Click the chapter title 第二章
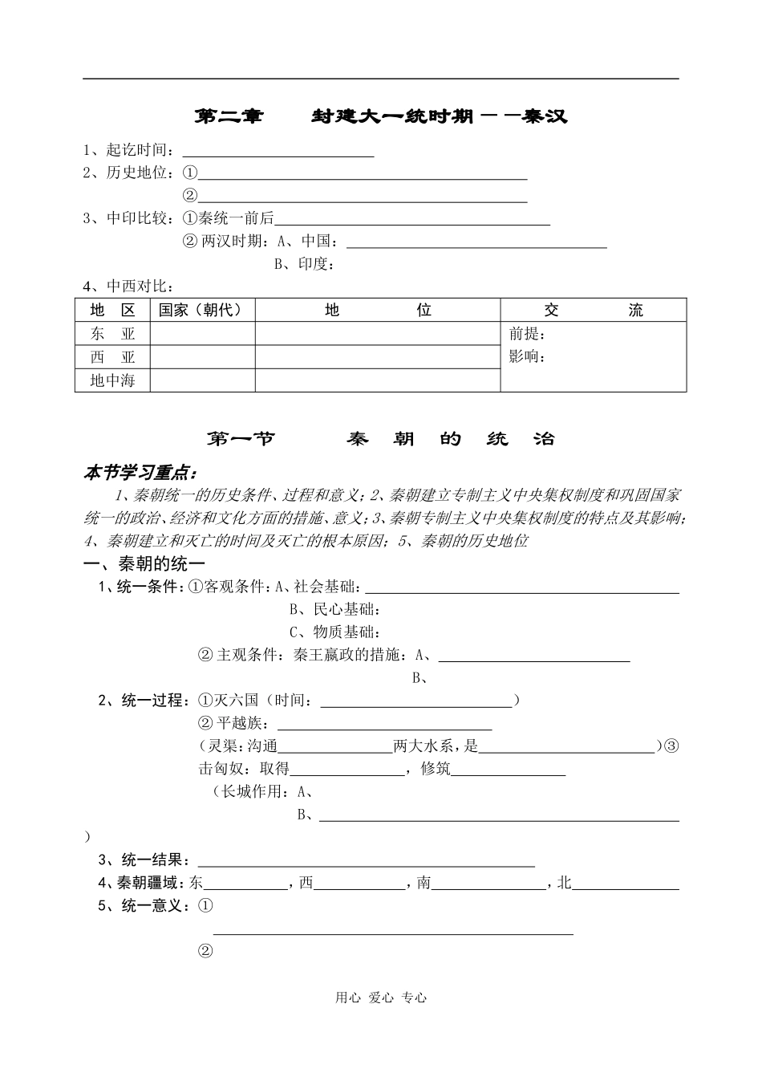pyautogui.click(x=229, y=116)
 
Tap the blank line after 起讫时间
pyautogui.click(x=278, y=152)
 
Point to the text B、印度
pyautogui.click(x=304, y=264)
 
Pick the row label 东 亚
pyautogui.click(x=112, y=334)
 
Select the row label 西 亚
pyautogui.click(x=112, y=357)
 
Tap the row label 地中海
pyautogui.click(x=112, y=380)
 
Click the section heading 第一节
pyautogui.click(x=241, y=439)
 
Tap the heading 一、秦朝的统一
pyautogui.click(x=144, y=565)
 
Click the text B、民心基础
pyautogui.click(x=334, y=610)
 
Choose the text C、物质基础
pyautogui.click(x=334, y=632)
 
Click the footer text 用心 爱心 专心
pyautogui.click(x=381, y=998)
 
